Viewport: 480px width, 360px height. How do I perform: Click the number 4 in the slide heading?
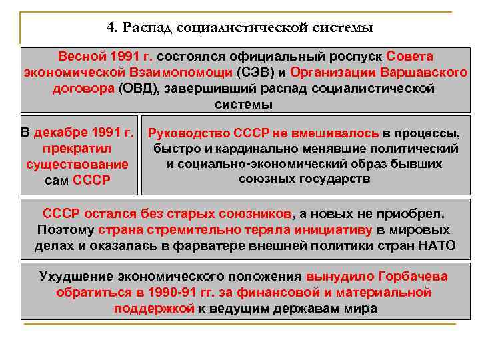(x=110, y=28)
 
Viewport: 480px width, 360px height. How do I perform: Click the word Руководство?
(x=192, y=133)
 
